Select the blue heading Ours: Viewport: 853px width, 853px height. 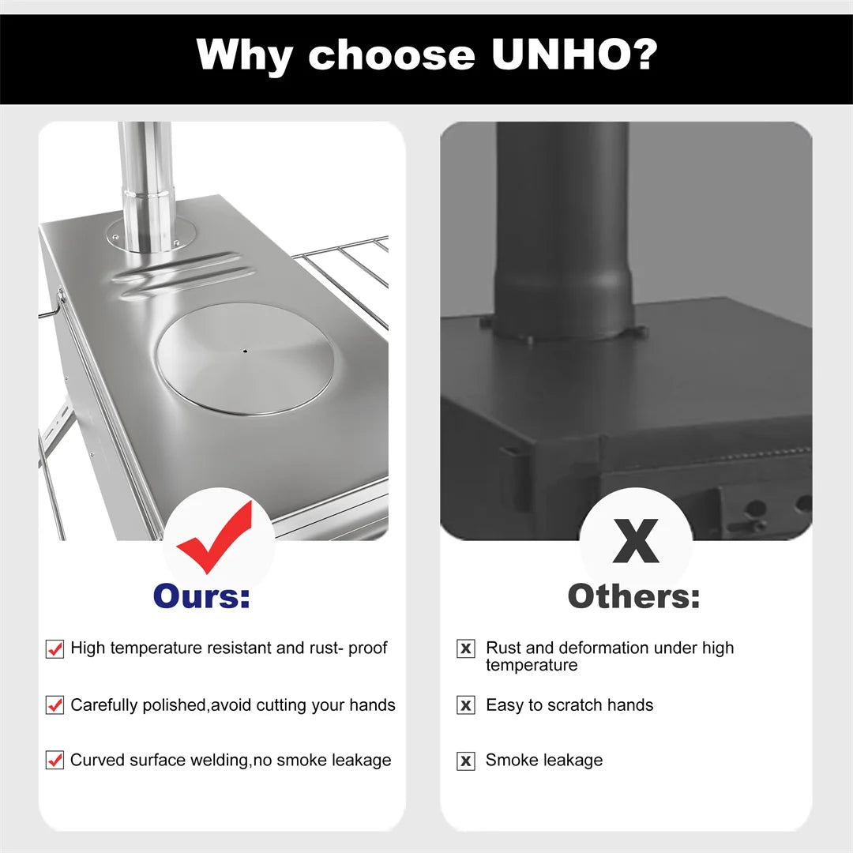coord(201,596)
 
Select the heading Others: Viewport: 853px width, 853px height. coord(633,596)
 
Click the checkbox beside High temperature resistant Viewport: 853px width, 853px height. coord(54,649)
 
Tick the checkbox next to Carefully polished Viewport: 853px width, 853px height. coord(54,705)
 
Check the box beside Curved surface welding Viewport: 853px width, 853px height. coord(54,761)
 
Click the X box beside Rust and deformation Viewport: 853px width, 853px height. coord(466,649)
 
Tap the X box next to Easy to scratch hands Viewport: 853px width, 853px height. coord(466,705)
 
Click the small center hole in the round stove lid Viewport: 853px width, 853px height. coord(245,351)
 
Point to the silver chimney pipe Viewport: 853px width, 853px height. coord(146,182)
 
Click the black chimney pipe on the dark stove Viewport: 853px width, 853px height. coord(562,229)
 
